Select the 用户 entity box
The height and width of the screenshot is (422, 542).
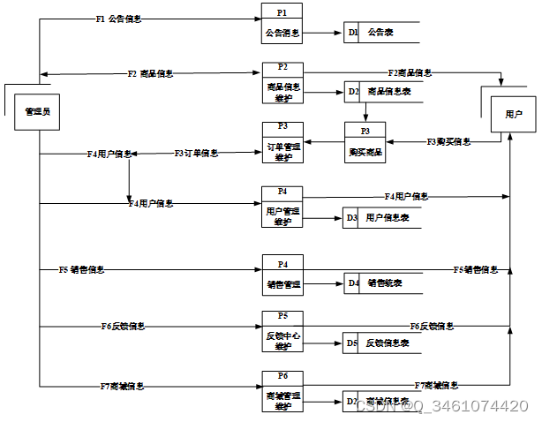click(513, 114)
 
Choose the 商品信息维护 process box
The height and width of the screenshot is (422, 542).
click(282, 83)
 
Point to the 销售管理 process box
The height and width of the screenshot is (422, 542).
click(282, 275)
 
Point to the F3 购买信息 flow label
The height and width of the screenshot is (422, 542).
click(448, 141)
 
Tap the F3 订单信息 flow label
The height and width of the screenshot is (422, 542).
click(196, 154)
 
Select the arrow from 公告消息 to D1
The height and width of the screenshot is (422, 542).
click(323, 34)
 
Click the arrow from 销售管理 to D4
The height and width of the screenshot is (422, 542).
click(323, 283)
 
